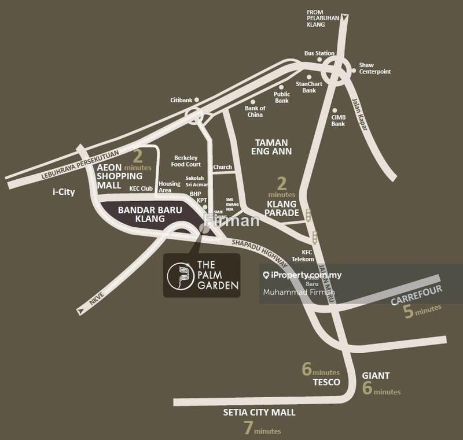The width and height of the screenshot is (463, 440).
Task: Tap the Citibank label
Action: click(181, 100)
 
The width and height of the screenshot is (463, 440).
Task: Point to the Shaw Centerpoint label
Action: click(374, 68)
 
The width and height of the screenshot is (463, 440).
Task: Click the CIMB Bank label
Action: click(338, 120)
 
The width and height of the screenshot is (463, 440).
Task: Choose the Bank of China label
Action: click(255, 111)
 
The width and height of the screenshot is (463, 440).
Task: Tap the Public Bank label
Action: click(281, 97)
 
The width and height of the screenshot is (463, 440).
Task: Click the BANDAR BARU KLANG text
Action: click(141, 215)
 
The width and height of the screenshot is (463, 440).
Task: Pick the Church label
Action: click(222, 167)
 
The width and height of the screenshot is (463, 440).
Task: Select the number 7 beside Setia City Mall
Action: click(248, 428)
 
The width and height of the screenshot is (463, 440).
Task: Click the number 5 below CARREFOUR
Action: click(409, 313)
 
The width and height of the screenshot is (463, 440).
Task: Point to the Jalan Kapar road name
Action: click(359, 114)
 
